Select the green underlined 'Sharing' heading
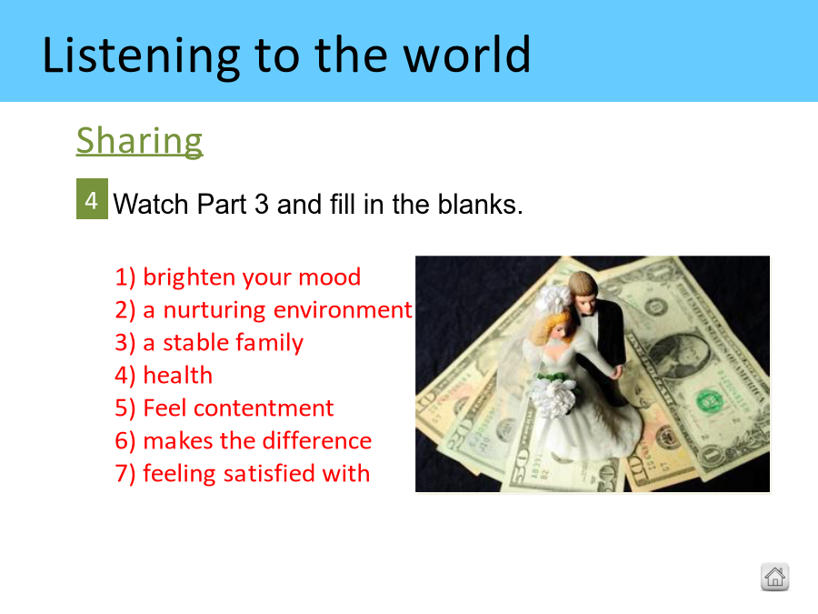click(x=139, y=141)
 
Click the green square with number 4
click(x=92, y=199)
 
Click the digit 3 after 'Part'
click(x=262, y=204)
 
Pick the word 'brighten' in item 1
click(x=191, y=277)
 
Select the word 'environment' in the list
click(x=343, y=309)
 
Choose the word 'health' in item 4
click(x=178, y=376)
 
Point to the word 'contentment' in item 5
click(x=264, y=408)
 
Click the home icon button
click(x=774, y=577)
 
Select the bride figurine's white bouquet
click(x=554, y=394)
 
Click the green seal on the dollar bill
click(x=709, y=401)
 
